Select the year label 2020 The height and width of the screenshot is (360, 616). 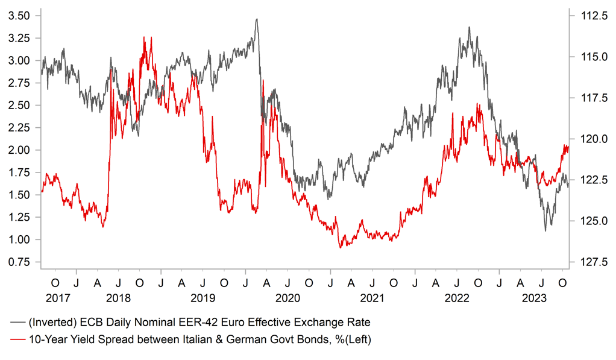(287, 298)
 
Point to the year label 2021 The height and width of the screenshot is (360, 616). (372, 298)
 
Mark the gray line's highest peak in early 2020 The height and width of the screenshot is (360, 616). (257, 19)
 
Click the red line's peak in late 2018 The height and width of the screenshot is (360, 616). (143, 37)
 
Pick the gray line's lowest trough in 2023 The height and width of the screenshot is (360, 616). (545, 230)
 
